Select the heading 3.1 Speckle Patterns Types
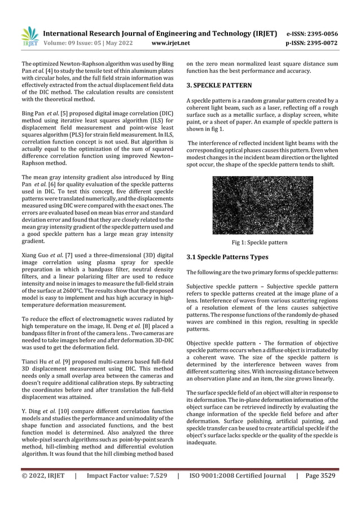pyautogui.click(x=227, y=257)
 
